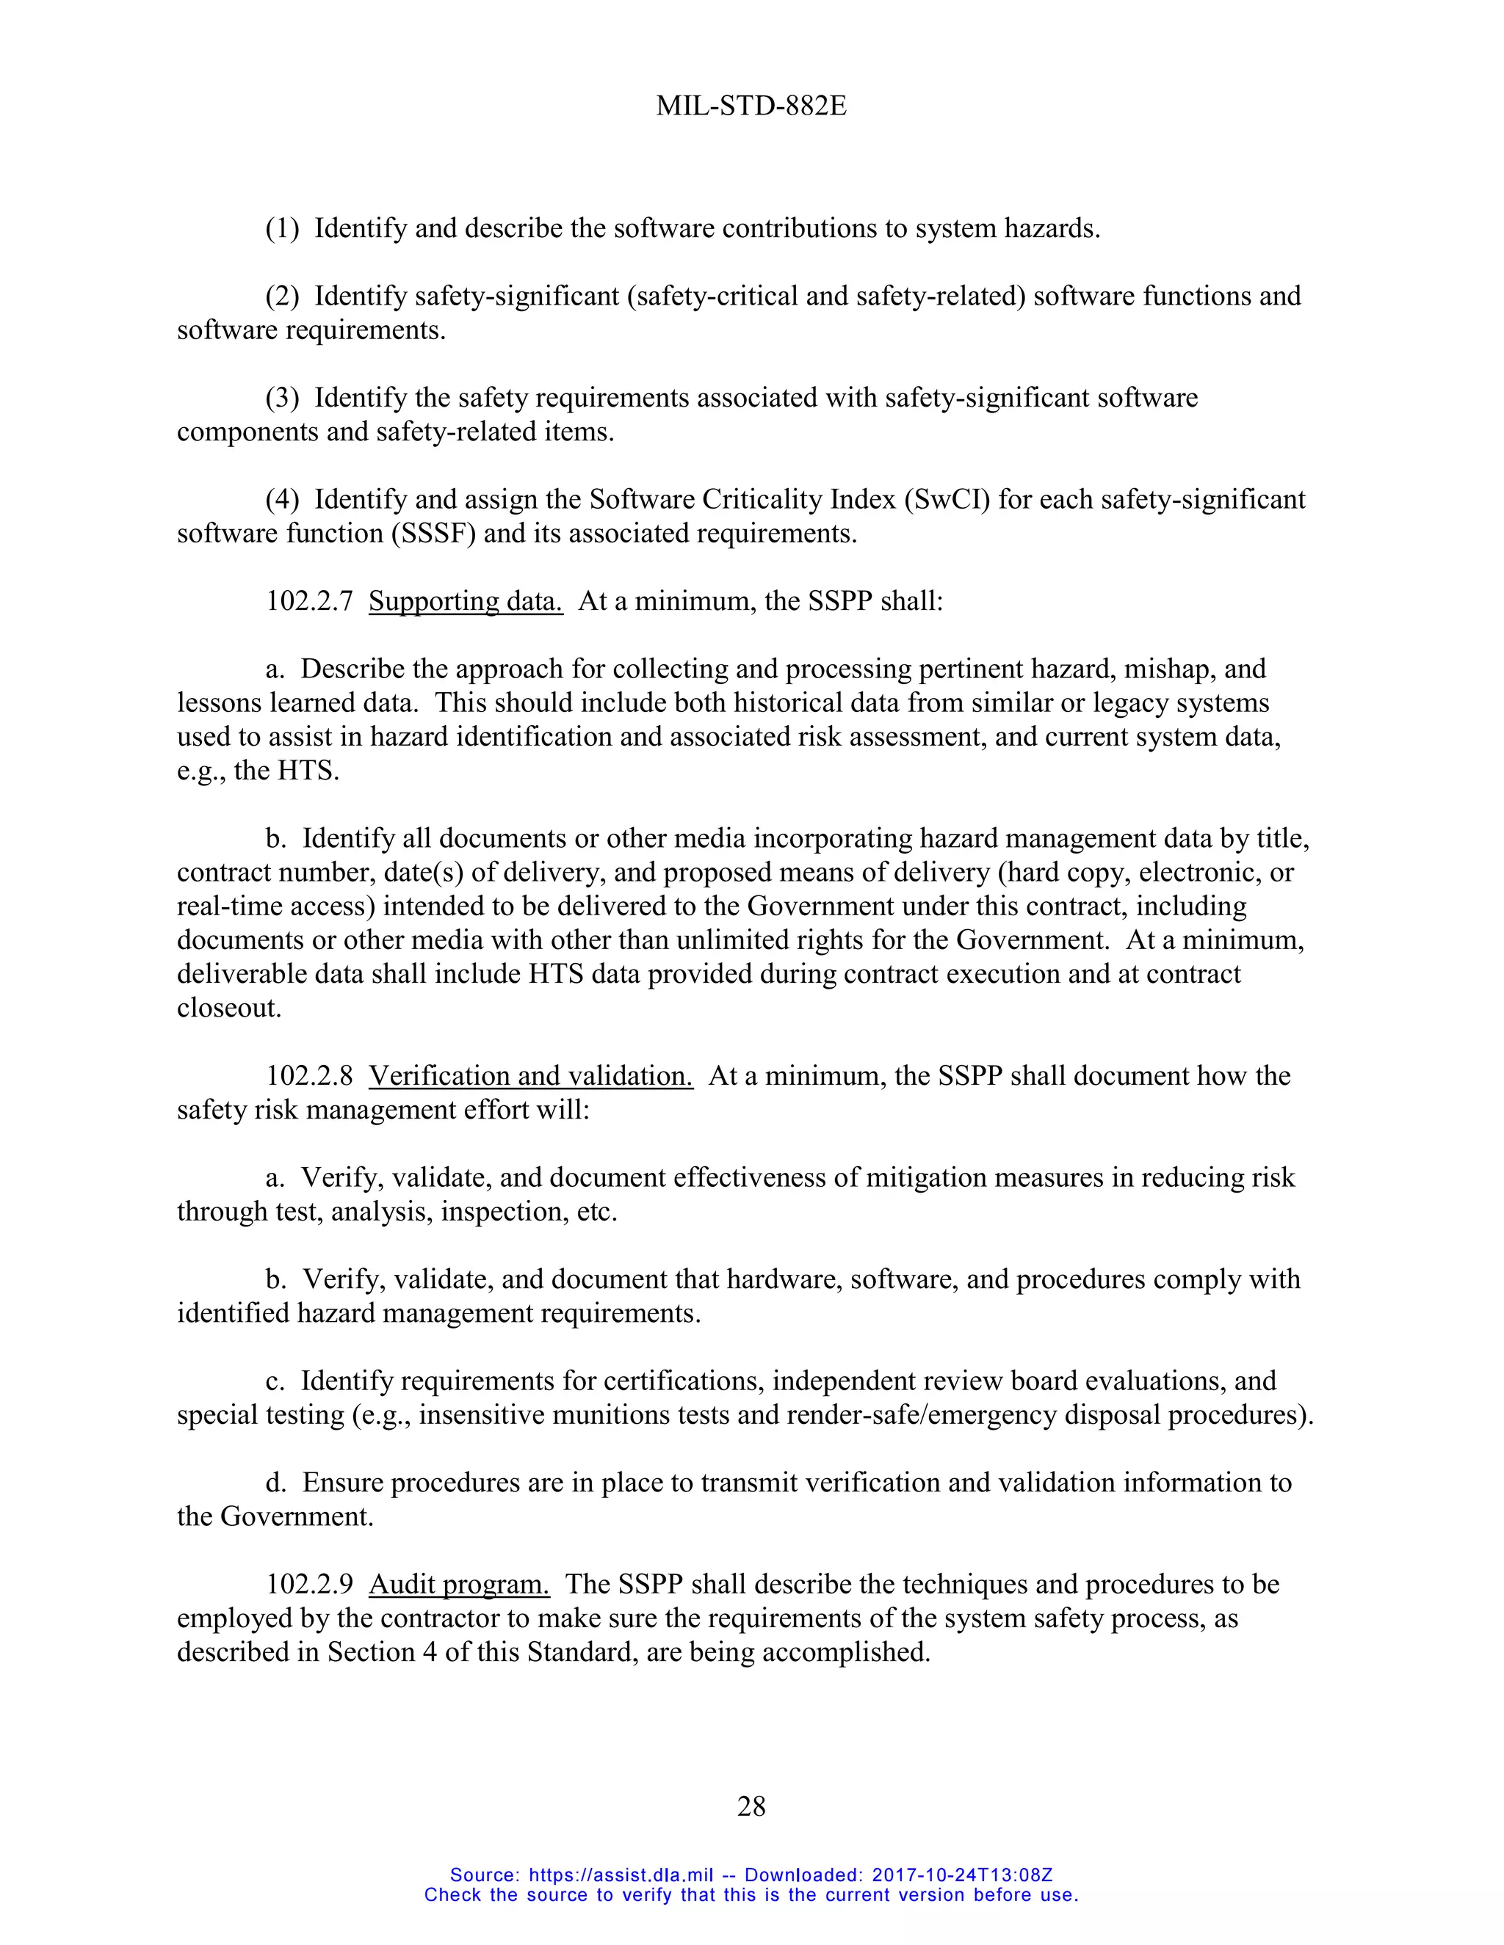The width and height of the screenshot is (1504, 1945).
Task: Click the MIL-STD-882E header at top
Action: pos(751,106)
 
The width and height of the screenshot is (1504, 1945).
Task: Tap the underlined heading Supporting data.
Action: pos(465,601)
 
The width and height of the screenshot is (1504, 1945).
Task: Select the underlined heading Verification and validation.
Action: pos(530,1076)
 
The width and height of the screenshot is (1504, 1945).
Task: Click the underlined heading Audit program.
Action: pos(459,1585)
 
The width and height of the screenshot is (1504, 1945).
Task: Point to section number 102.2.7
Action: pos(309,601)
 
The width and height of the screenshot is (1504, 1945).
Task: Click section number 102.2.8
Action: pos(309,1076)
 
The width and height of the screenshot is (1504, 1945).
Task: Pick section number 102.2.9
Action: pos(309,1585)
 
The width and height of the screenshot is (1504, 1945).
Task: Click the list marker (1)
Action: pos(283,229)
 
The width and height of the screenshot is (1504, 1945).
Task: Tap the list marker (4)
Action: pos(283,500)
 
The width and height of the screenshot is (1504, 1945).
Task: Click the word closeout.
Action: pos(229,1008)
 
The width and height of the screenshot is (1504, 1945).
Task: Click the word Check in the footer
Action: pos(454,1894)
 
